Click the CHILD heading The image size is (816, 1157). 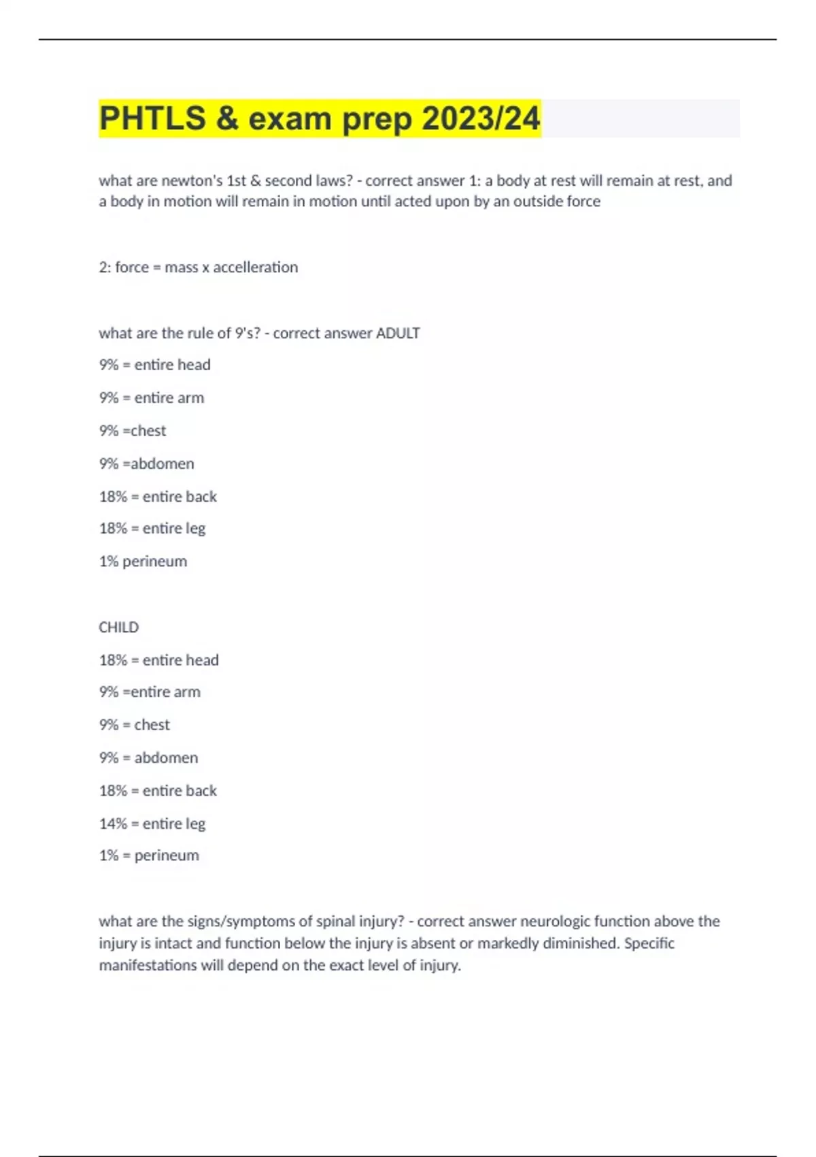[x=118, y=628]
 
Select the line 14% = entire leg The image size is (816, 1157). [x=152, y=824]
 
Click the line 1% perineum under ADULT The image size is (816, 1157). [x=143, y=561]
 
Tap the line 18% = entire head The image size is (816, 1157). [x=158, y=660]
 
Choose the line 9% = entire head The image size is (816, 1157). [x=154, y=365]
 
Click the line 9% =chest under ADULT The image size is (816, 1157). [x=133, y=431]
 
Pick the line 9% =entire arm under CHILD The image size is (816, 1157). [x=150, y=692]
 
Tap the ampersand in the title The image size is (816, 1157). [x=228, y=118]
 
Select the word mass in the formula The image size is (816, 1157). [x=181, y=267]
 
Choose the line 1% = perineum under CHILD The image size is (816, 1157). [x=149, y=855]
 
